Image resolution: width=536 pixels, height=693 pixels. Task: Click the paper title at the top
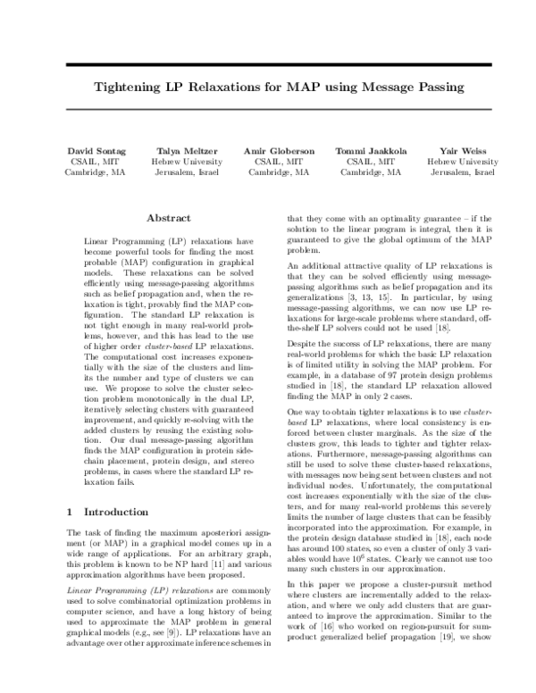(268, 88)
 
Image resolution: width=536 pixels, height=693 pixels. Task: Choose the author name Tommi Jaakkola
(368, 152)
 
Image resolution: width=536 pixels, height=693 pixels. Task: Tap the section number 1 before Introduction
(71, 513)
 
